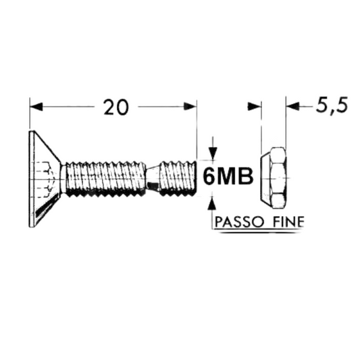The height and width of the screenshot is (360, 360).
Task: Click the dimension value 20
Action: tap(115, 106)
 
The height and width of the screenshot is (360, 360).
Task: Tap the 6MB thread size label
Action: tap(227, 177)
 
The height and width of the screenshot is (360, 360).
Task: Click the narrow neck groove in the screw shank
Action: tap(153, 180)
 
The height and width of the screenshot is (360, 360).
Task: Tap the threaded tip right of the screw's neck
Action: tap(177, 179)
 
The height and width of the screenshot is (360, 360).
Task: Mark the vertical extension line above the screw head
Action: tap(30, 118)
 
